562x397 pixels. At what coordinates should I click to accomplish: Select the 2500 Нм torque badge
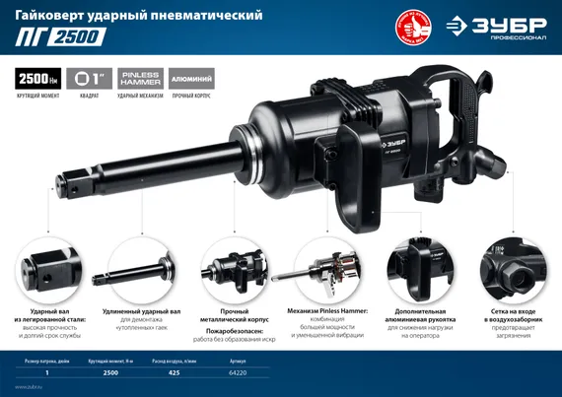tap(36, 79)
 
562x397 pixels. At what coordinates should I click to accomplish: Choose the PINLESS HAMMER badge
tap(139, 79)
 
